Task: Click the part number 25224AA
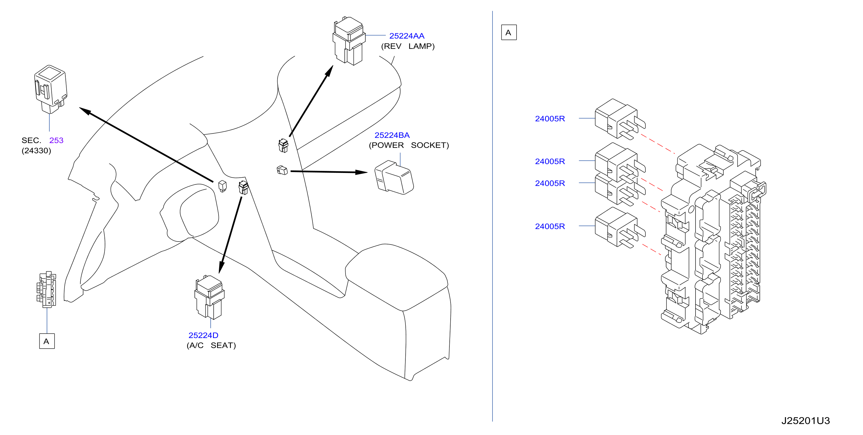[406, 36]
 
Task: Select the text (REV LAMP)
[408, 46]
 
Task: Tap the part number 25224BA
[392, 135]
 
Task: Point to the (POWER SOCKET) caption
[409, 145]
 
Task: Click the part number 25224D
[203, 335]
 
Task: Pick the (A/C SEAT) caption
[211, 345]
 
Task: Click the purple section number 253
[56, 140]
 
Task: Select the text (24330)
[36, 151]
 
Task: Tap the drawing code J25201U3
[806, 421]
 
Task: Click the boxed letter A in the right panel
[509, 33]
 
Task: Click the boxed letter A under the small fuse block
[47, 341]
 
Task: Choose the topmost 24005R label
[550, 118]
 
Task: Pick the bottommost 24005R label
[550, 226]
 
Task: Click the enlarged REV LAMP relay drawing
[349, 41]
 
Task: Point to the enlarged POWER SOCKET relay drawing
[394, 177]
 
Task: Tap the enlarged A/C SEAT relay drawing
[209, 297]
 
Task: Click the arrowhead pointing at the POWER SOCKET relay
[361, 172]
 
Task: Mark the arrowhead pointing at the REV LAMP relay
[330, 71]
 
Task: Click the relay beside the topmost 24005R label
[620, 119]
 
